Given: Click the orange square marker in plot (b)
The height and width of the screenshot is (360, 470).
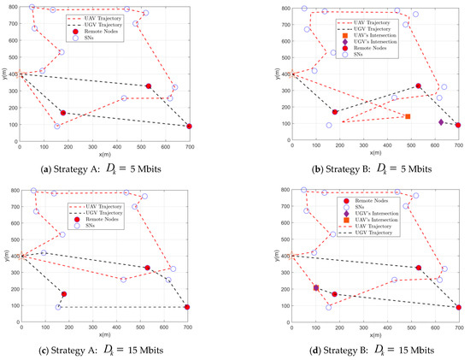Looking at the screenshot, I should coord(408,116).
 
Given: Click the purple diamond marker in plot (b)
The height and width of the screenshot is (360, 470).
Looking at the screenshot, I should coord(441,122).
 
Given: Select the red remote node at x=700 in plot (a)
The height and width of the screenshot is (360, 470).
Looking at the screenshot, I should coord(189,127).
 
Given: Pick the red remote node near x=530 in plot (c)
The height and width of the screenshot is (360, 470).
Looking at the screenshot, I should coord(148,268).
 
